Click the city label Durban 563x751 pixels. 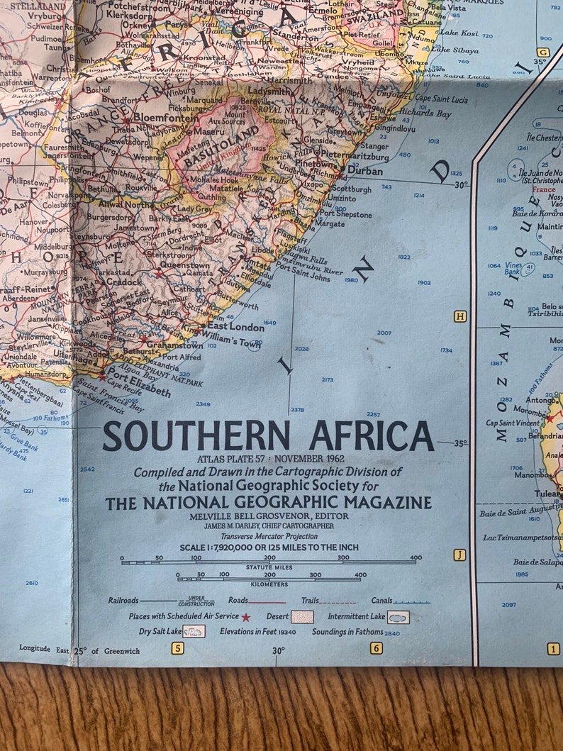tap(365, 171)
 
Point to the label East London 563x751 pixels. tap(235, 327)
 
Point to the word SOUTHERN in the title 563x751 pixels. tap(196, 436)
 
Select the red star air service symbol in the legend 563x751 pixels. tap(246, 617)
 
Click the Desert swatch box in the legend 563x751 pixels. tap(302, 617)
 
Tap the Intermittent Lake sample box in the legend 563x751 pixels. tap(398, 617)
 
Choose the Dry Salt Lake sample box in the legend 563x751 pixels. tap(194, 631)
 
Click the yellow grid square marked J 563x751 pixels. tap(459, 555)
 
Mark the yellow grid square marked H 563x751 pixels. tap(460, 316)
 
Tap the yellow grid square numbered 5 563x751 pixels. tap(177, 647)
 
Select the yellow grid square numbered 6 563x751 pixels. tap(376, 647)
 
